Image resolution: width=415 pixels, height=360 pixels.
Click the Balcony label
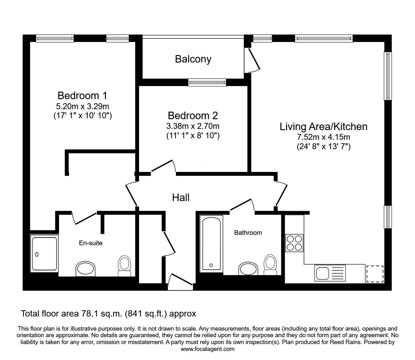193,59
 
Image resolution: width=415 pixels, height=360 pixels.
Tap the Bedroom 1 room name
82,95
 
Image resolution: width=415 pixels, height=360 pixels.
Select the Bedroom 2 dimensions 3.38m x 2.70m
193,126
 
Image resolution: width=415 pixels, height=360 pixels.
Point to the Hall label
181,198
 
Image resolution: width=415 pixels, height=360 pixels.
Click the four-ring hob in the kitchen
294,243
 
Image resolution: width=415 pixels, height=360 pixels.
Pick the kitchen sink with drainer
330,273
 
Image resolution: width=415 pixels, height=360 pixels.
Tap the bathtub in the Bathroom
211,244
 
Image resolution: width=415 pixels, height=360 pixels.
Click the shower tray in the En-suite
44,254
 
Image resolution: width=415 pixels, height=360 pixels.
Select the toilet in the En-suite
124,266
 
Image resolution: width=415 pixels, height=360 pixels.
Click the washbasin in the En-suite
86,269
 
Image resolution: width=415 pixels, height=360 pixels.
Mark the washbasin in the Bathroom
248,269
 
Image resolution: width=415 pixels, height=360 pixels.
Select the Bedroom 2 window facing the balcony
207,82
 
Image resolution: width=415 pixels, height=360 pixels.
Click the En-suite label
91,243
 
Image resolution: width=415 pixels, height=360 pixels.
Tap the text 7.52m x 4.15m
323,137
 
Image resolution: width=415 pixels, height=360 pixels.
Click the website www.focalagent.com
207,349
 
